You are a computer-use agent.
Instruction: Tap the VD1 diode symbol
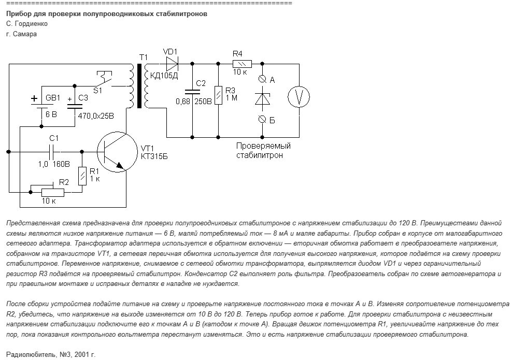[x=172, y=64]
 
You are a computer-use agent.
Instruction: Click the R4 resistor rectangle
[x=242, y=64]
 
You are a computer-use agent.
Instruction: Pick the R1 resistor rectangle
[x=82, y=176]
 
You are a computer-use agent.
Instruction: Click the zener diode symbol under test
[x=263, y=98]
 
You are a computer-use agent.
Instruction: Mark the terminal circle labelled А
[x=263, y=79]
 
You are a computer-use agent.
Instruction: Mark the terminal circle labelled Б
[x=263, y=119]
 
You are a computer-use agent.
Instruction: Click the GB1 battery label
[x=53, y=97]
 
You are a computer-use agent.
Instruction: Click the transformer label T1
[x=143, y=56]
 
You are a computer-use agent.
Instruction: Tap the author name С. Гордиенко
[x=26, y=24]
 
